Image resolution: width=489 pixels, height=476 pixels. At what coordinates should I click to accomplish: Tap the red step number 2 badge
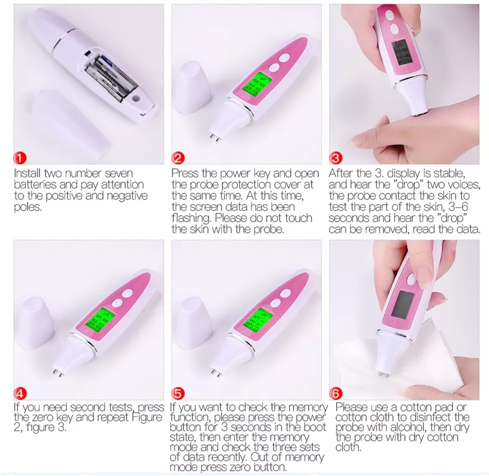click(x=178, y=159)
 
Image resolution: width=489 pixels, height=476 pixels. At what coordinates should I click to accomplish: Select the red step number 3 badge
click(x=336, y=159)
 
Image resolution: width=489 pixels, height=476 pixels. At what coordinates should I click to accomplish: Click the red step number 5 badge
click(x=178, y=393)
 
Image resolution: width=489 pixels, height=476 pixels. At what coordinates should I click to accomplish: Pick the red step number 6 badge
click(x=336, y=393)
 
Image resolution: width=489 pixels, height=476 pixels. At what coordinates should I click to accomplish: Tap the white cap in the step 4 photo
click(x=37, y=328)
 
